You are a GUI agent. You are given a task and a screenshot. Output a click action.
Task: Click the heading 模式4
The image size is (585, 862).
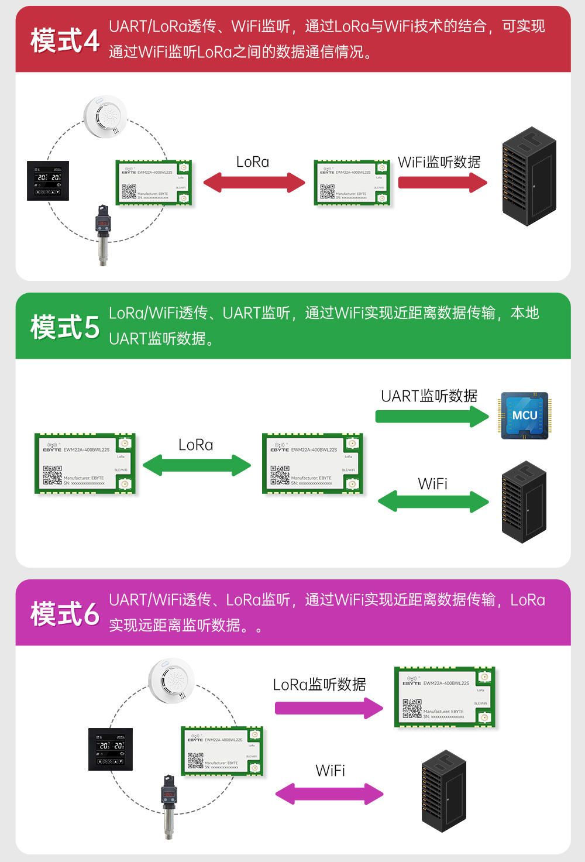(65, 40)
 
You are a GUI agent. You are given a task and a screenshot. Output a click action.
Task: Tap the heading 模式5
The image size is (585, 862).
(65, 327)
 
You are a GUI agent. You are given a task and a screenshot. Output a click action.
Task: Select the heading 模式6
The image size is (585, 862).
(65, 614)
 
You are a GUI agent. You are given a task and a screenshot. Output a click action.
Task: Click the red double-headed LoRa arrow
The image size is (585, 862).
(254, 183)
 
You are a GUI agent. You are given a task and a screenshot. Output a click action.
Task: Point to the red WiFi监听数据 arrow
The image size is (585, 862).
(442, 183)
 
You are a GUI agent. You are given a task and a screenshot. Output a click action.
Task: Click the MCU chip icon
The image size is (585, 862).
(525, 415)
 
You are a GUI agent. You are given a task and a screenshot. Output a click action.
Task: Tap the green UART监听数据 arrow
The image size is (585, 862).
(432, 417)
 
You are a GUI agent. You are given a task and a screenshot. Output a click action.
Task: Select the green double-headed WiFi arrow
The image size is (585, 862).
(433, 502)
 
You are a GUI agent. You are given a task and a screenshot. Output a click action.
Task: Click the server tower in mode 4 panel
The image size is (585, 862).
(529, 177)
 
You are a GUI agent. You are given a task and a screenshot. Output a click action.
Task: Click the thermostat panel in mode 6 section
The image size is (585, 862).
(111, 749)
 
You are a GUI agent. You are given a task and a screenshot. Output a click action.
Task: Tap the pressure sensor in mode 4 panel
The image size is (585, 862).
(103, 234)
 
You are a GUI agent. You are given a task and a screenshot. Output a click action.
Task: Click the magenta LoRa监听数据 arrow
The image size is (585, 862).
(329, 708)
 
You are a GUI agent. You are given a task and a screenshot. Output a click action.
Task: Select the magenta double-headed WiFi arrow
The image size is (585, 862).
(329, 794)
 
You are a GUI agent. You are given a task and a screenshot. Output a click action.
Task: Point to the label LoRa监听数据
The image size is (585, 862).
(319, 684)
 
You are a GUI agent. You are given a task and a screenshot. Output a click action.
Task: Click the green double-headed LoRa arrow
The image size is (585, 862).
(197, 466)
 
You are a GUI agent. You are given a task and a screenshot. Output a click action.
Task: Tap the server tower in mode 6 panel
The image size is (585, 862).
(443, 791)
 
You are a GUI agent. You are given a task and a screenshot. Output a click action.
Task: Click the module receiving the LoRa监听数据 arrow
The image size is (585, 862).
(445, 697)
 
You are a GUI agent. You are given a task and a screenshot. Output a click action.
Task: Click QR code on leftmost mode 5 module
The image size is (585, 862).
(52, 475)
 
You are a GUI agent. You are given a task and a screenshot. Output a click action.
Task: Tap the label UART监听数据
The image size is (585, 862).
(429, 396)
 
